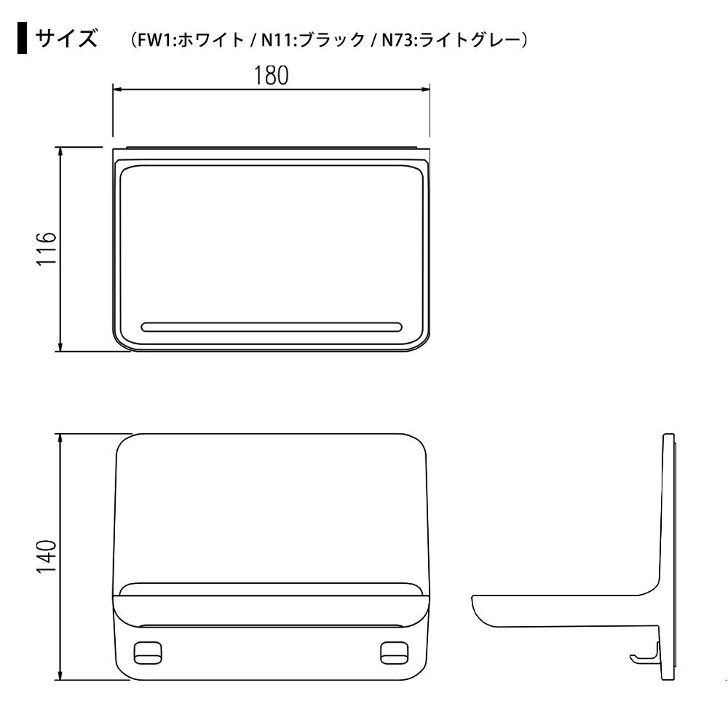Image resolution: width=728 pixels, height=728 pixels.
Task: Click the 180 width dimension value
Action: pyautogui.click(x=271, y=76)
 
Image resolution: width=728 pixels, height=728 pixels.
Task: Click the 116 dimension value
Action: pyautogui.click(x=47, y=248)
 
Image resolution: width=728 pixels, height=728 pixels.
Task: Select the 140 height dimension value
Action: pyautogui.click(x=47, y=557)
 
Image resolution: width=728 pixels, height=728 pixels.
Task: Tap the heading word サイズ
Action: pyautogui.click(x=66, y=38)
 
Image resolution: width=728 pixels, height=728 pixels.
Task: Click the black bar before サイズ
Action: pyautogui.click(x=22, y=38)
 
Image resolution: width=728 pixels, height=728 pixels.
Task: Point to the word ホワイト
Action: pyautogui.click(x=211, y=40)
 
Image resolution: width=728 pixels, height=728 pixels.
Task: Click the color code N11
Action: pyautogui.click(x=277, y=40)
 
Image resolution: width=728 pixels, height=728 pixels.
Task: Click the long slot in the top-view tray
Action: pyautogui.click(x=272, y=327)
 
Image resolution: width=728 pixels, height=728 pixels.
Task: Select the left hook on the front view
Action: pyautogui.click(x=148, y=653)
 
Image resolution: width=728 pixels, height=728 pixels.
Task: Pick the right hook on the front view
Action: pyautogui.click(x=394, y=653)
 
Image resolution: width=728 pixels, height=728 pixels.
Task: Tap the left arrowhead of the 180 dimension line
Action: pyautogui.click(x=117, y=89)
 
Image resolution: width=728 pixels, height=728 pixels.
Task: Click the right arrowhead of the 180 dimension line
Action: pyautogui.click(x=425, y=89)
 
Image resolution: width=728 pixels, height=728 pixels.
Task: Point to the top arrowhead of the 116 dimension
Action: pyautogui.click(x=60, y=152)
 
